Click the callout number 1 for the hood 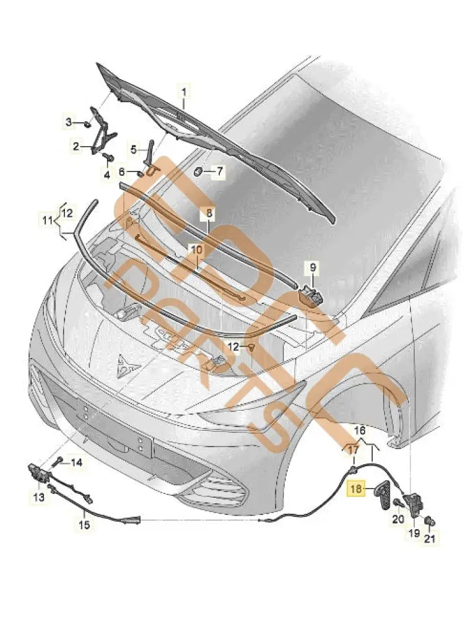[183, 93]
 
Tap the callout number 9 [313, 267]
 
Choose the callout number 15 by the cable [84, 525]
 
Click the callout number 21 [430, 539]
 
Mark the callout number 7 [219, 170]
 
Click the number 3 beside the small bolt [70, 122]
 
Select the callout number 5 [132, 149]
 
